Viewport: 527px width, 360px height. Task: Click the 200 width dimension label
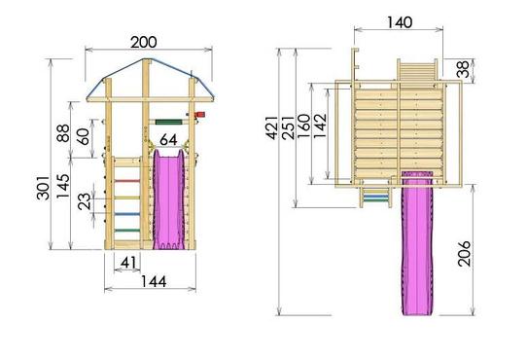coord(144,43)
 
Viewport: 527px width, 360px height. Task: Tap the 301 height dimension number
coord(44,188)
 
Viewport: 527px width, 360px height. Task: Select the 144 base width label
coord(154,281)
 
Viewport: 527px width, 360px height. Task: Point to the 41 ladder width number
coord(128,263)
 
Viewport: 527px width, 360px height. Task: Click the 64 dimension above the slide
coord(168,140)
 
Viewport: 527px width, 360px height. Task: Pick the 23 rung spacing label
coord(85,201)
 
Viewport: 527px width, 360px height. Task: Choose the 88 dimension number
coord(63,133)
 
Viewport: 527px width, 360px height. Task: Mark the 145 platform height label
coord(63,186)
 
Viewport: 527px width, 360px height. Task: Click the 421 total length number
coord(272,127)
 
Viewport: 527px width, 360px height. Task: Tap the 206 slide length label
coord(464,254)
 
